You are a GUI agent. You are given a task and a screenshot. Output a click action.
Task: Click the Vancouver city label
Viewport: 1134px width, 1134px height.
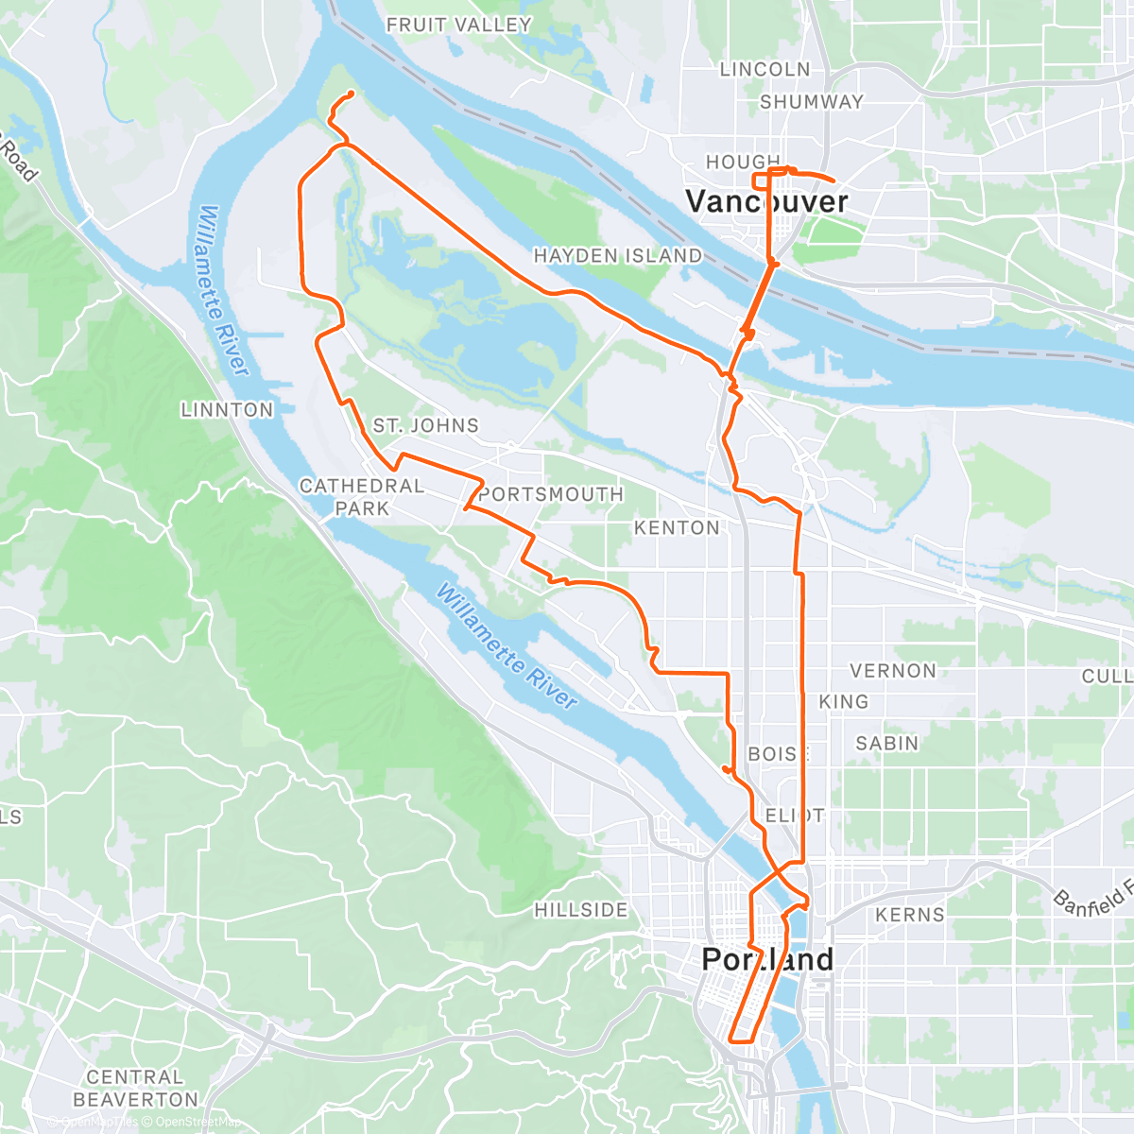point(766,201)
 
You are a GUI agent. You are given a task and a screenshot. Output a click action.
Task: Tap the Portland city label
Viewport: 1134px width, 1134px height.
point(767,959)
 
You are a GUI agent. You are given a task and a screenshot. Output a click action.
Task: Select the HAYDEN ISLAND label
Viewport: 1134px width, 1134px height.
point(618,256)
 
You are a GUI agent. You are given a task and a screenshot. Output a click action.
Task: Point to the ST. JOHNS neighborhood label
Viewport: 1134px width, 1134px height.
point(425,426)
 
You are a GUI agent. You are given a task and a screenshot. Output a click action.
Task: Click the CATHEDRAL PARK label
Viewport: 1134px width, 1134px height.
point(362,497)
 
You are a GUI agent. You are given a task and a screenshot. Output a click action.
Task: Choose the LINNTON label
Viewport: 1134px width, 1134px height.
point(227,410)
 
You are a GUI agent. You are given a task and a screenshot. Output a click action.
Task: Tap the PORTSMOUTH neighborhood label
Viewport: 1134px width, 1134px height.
point(551,494)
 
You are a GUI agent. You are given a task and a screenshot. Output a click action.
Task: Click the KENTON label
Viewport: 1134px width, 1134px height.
point(677,527)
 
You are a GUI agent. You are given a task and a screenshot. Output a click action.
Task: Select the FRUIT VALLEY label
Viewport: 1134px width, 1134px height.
point(459,26)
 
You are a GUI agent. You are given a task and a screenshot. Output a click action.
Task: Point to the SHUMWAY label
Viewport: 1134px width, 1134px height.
point(812,102)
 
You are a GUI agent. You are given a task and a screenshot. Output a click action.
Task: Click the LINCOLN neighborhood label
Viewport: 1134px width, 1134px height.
point(765,70)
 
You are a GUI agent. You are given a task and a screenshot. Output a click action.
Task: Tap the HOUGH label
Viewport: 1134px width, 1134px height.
point(744,163)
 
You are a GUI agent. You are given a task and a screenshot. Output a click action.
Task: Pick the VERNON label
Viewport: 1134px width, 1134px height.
point(893,671)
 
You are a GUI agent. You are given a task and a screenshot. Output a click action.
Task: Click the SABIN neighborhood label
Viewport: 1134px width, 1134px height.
point(886,744)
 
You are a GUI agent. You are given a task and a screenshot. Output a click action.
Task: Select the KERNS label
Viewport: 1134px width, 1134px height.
point(909,915)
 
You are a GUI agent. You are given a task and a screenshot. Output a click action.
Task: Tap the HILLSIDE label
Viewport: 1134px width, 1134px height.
point(581,910)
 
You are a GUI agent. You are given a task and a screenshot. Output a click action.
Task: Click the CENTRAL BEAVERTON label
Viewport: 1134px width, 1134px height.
point(135,1089)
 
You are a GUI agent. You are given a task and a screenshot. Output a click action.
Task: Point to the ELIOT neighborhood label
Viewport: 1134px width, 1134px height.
point(795,816)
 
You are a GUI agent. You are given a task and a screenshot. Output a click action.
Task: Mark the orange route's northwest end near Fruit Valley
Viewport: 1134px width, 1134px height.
point(352,93)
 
